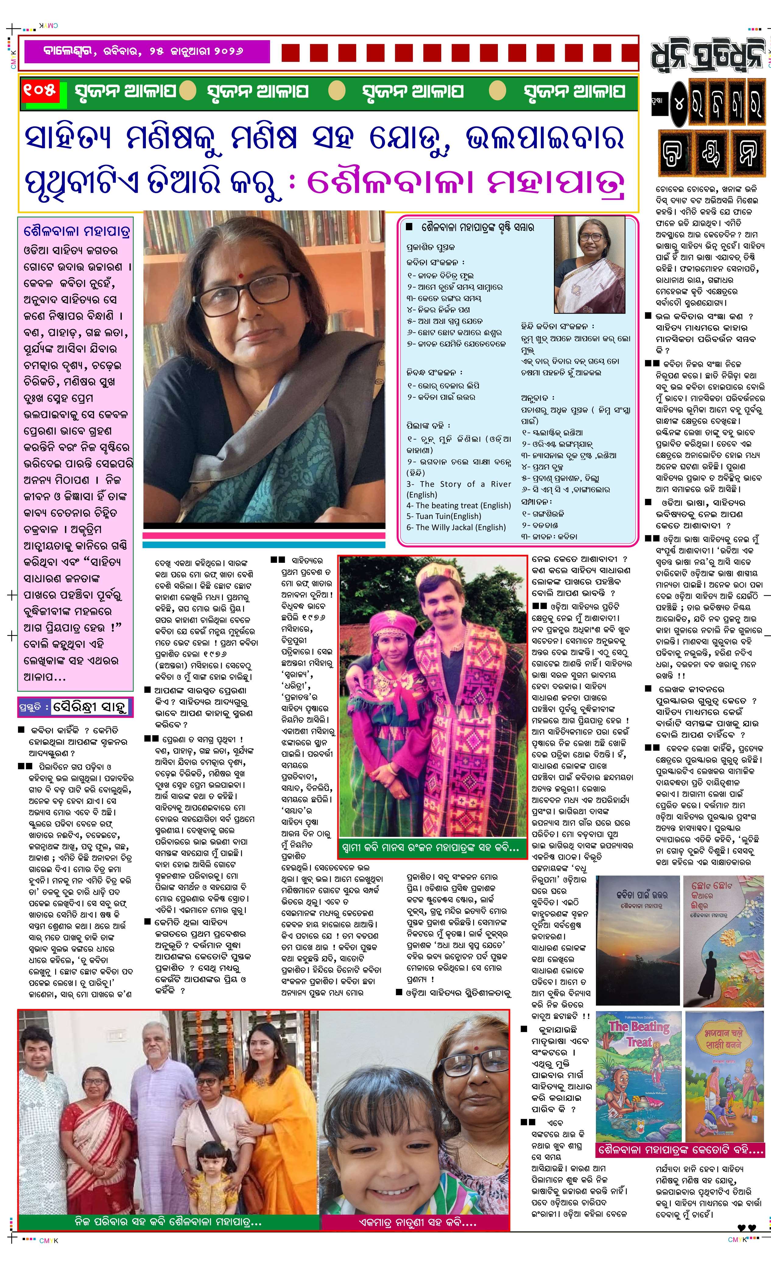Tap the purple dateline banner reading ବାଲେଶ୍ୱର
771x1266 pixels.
tap(144, 51)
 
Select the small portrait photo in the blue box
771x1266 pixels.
tap(589, 265)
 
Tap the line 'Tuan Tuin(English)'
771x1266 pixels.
tap(444, 517)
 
